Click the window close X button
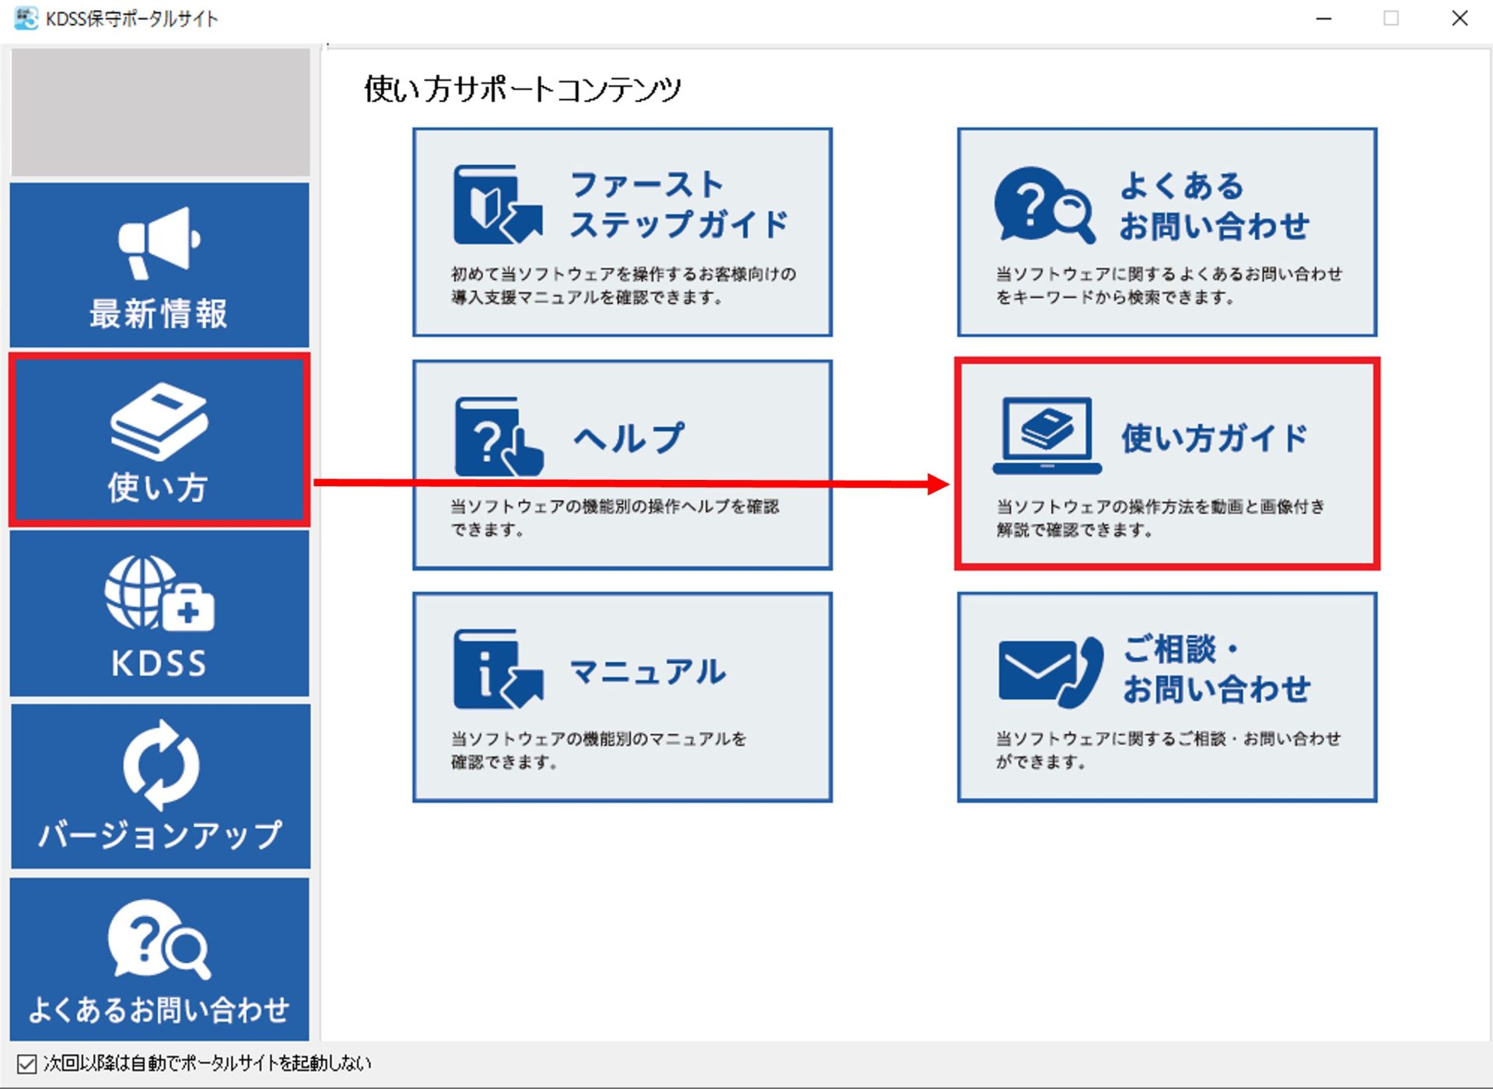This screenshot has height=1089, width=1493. click(1460, 19)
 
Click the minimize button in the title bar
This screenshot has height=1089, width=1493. click(1323, 19)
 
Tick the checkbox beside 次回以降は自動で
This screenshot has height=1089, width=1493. click(26, 1063)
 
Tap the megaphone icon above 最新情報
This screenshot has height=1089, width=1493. click(159, 242)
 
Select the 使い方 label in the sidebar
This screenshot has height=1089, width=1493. click(159, 488)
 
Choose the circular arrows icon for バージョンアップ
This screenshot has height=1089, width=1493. click(161, 765)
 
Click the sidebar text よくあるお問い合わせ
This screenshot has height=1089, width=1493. click(159, 1010)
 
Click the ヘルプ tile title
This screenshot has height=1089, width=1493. click(629, 438)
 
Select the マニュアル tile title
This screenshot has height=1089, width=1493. click(648, 672)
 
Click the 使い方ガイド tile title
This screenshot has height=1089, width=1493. click(1214, 439)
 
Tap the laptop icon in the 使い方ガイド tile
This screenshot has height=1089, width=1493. click(1047, 435)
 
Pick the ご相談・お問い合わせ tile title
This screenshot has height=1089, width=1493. click(1216, 670)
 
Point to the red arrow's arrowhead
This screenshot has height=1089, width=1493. click(939, 485)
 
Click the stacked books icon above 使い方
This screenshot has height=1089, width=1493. click(159, 421)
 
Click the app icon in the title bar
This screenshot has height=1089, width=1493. click(26, 19)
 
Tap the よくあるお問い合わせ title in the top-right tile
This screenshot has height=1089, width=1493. click(1214, 206)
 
